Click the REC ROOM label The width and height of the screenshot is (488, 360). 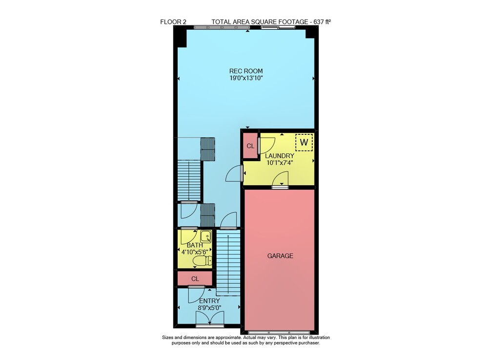point(246,71)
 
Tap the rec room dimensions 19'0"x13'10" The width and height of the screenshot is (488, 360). point(246,78)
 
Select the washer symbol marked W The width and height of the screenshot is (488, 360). point(304,142)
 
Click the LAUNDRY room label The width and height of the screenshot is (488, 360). point(280,156)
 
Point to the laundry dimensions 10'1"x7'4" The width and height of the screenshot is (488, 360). point(280,162)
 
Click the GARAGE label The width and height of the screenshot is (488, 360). point(280,255)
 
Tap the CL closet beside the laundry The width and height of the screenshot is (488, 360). point(250,146)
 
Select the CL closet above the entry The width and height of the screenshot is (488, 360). point(195,279)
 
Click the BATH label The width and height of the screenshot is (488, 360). point(195,245)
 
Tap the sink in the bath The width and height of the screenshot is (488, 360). point(206,237)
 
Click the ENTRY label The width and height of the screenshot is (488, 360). point(209,301)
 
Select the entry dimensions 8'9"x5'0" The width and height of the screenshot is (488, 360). point(209,308)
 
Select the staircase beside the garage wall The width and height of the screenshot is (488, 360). point(228,263)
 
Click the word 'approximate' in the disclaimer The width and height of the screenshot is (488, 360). point(227,338)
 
